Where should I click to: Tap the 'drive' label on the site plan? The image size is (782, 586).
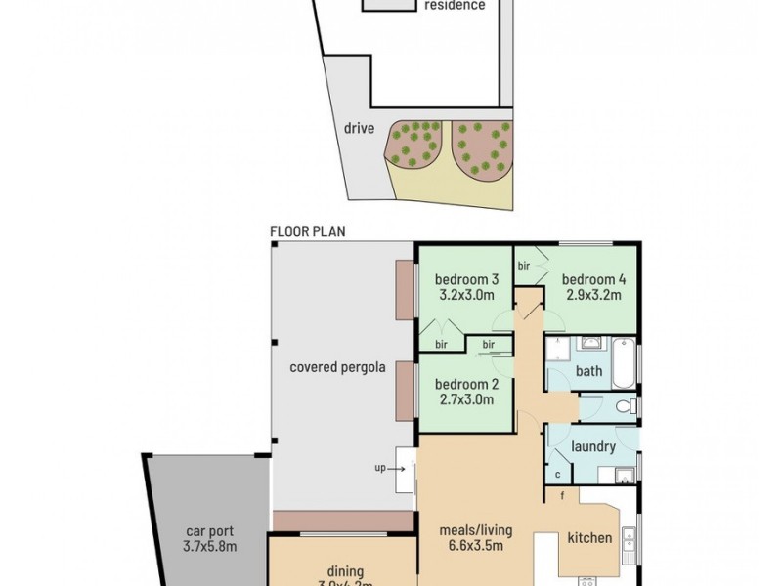point(359,128)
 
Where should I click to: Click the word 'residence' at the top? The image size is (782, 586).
point(454,5)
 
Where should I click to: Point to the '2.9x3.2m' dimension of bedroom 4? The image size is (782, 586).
point(592,296)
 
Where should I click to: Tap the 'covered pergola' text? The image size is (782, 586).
point(337,368)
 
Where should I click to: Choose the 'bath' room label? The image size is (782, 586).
point(589,371)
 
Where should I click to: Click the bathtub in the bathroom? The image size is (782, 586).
point(623,362)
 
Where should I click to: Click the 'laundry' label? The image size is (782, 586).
point(593,447)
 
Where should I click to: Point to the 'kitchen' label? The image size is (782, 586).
point(589,538)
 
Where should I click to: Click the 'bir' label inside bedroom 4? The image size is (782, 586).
point(524,265)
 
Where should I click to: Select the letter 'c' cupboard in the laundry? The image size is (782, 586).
point(558,475)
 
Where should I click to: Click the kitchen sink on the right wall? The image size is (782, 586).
point(629,538)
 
